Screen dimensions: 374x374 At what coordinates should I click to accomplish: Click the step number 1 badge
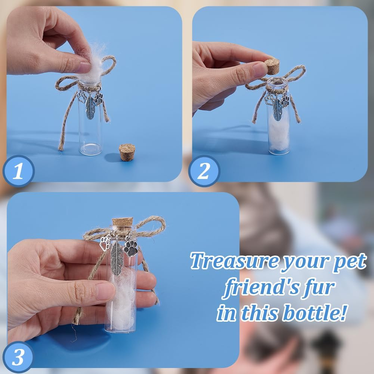[19, 171]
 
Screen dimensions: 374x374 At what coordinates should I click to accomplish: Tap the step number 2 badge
[204, 171]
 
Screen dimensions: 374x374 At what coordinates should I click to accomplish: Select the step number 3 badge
[18, 357]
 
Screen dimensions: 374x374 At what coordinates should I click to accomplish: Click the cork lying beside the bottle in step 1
[127, 152]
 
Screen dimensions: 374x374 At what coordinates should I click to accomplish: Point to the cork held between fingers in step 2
[272, 67]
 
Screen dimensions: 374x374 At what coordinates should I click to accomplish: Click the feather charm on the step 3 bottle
[117, 259]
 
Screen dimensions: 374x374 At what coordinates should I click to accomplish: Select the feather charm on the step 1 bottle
[90, 108]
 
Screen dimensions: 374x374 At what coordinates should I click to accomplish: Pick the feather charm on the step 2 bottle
[277, 109]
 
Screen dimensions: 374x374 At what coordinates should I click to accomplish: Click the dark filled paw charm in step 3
[130, 248]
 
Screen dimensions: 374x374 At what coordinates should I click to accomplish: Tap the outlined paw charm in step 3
[105, 243]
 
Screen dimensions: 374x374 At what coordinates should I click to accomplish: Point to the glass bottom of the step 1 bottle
[90, 149]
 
